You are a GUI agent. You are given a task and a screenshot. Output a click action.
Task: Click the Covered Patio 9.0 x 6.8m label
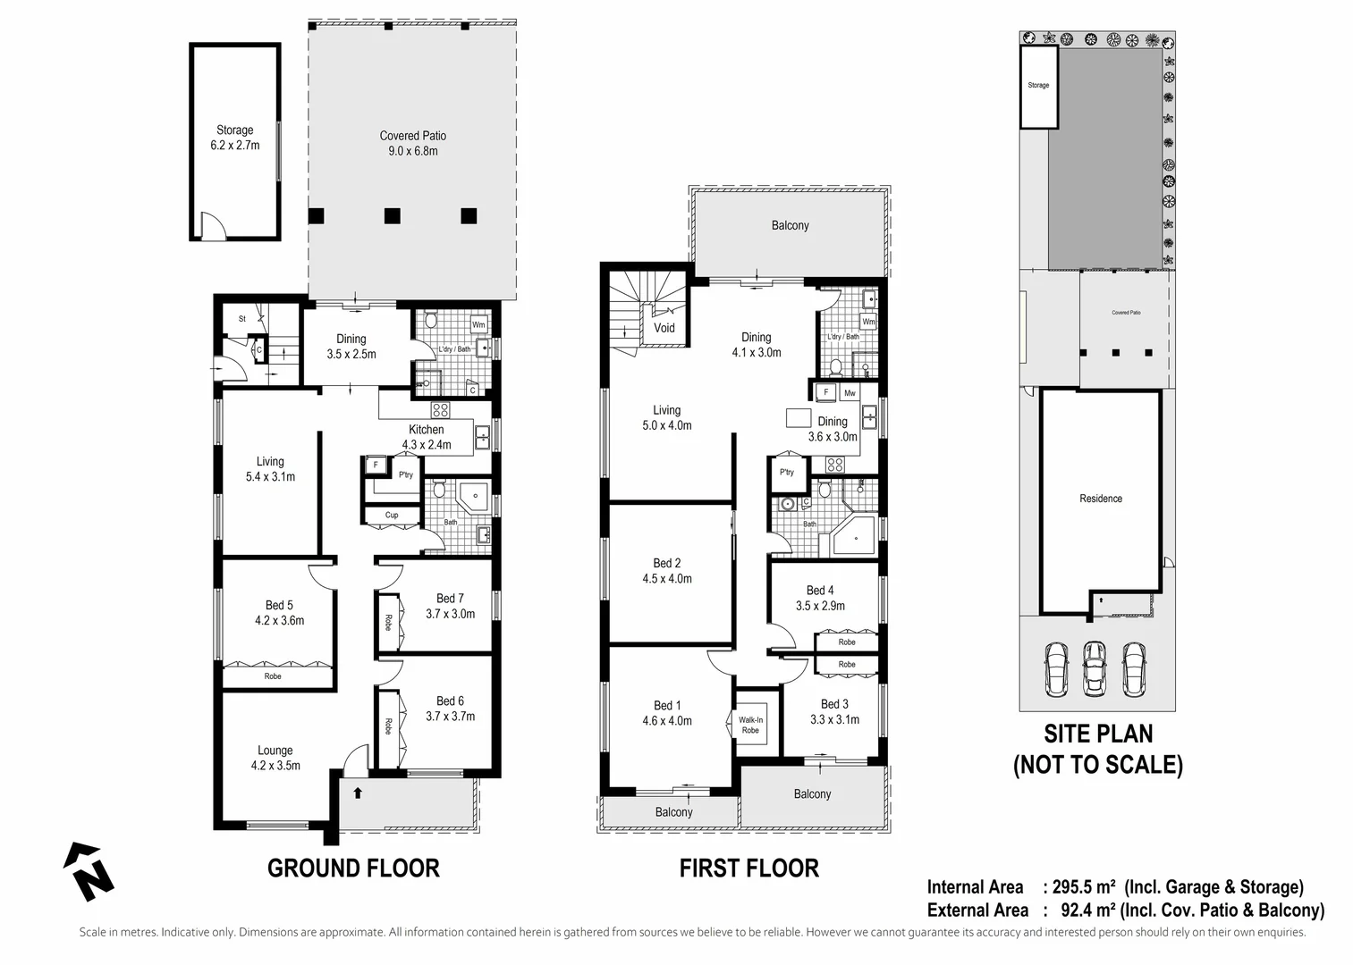(412, 143)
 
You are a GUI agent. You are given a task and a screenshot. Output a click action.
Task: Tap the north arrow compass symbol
(88, 871)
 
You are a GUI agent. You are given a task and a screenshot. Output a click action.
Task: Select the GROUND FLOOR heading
(353, 868)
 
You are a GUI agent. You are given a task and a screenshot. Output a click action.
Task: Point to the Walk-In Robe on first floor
(750, 725)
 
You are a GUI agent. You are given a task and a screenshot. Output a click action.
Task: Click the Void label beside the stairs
(664, 328)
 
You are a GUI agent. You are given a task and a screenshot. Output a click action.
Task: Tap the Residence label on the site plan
(1100, 499)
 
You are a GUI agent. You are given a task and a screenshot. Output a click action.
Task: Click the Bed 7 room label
(450, 606)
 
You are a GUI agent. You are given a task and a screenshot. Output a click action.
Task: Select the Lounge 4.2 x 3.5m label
(275, 758)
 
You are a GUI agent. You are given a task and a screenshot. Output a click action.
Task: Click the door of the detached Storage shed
(212, 227)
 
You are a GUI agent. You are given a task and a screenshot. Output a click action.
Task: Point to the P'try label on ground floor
(406, 474)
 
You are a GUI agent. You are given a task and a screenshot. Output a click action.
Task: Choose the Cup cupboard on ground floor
(392, 515)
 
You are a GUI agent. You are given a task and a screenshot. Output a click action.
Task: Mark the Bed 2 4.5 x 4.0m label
(666, 570)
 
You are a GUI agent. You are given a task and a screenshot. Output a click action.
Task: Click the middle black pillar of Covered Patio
(392, 215)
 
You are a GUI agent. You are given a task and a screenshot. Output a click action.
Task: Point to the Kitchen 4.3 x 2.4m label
(427, 437)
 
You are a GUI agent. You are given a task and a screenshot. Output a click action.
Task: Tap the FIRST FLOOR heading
(748, 868)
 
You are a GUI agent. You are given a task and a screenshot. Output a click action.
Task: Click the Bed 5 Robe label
(273, 676)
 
